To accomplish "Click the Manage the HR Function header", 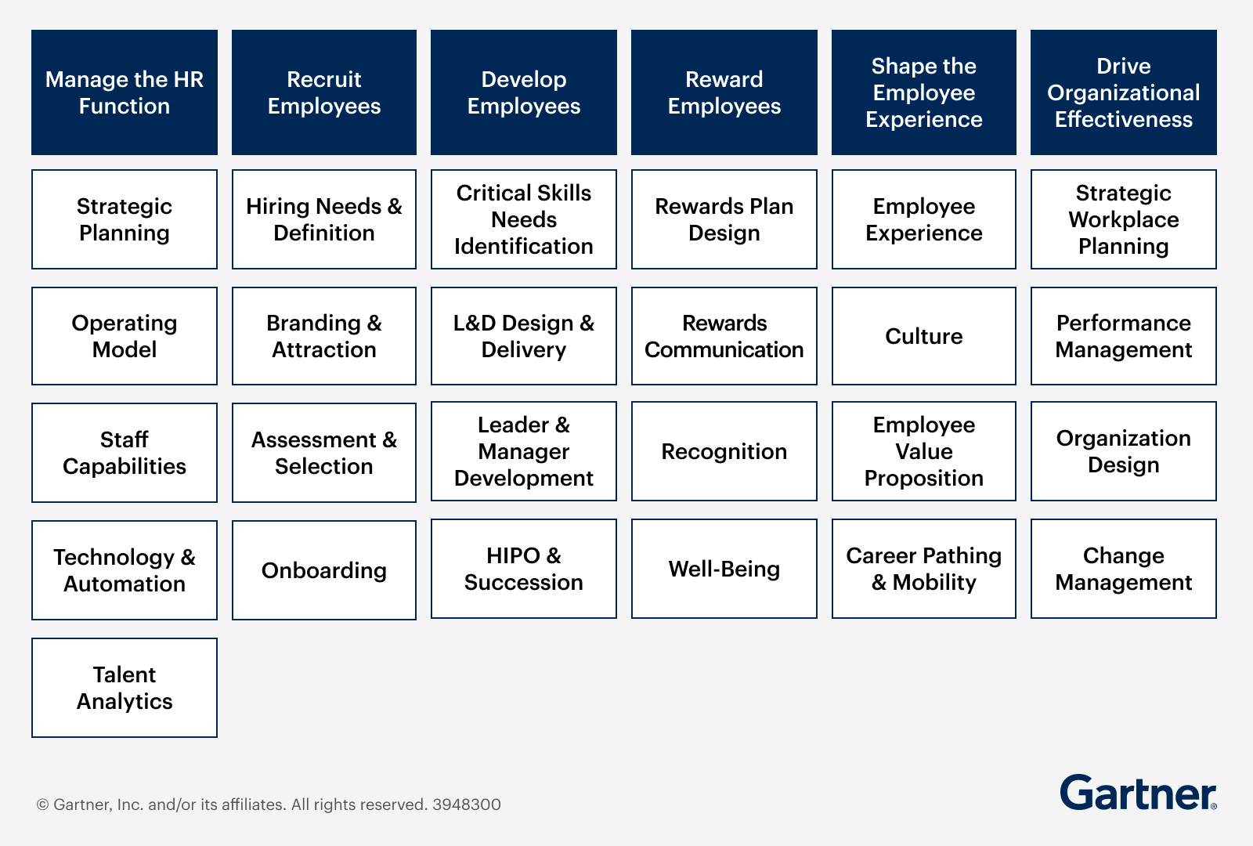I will pyautogui.click(x=125, y=92).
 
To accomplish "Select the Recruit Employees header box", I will pyautogui.click(x=324, y=92).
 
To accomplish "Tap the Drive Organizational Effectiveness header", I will pyautogui.click(x=1123, y=92).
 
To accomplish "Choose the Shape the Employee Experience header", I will pyautogui.click(x=923, y=92).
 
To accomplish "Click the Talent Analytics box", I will pyautogui.click(x=125, y=688).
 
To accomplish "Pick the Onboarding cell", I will pyautogui.click(x=324, y=570).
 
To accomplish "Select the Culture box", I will pyautogui.click(x=923, y=336).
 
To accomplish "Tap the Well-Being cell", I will pyautogui.click(x=724, y=569).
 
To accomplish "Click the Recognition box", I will pyautogui.click(x=724, y=451).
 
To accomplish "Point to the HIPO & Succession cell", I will pyautogui.click(x=524, y=569).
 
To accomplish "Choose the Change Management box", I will pyautogui.click(x=1123, y=569).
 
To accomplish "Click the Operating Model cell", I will pyautogui.click(x=125, y=336).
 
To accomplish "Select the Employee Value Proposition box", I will pyautogui.click(x=923, y=451).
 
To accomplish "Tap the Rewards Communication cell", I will pyautogui.click(x=724, y=336).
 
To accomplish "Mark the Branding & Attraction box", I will pyautogui.click(x=324, y=336).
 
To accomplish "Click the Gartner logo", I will pyautogui.click(x=1138, y=793).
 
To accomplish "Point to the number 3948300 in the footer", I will pyautogui.click(x=467, y=804).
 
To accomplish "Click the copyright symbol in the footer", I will pyautogui.click(x=42, y=804).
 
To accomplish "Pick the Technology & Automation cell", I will pyautogui.click(x=125, y=570).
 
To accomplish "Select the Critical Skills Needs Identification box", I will pyautogui.click(x=524, y=219).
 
